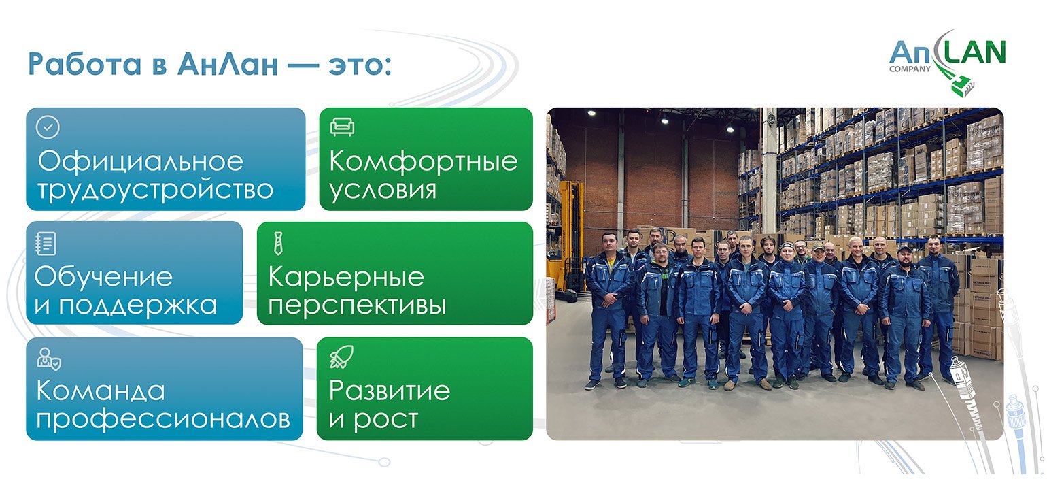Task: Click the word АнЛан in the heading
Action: point(228,64)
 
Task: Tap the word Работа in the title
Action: point(84,64)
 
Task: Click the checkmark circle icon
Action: point(48,127)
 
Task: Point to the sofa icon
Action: point(342,127)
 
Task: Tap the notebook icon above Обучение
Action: point(46,244)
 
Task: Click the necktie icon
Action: point(278,244)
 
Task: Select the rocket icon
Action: point(342,357)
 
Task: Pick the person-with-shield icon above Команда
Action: point(49,359)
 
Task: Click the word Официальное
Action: point(141,162)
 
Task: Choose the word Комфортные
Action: point(424,162)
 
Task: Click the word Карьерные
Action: point(346,277)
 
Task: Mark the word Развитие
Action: point(390,391)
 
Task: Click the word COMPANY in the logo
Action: point(910,69)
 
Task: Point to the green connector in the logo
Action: point(961,86)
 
